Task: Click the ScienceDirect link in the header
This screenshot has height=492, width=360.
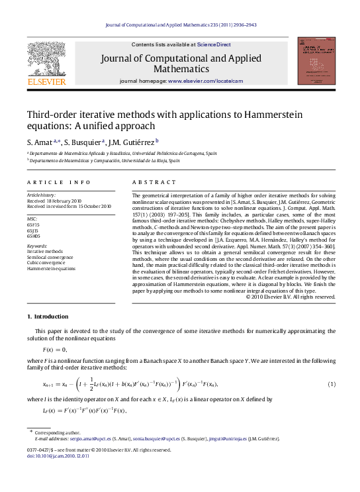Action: (214, 44)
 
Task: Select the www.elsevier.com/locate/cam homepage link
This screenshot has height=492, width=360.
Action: (206, 81)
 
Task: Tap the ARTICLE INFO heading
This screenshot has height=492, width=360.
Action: (59, 181)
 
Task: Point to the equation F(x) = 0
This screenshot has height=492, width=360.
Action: (55, 349)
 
